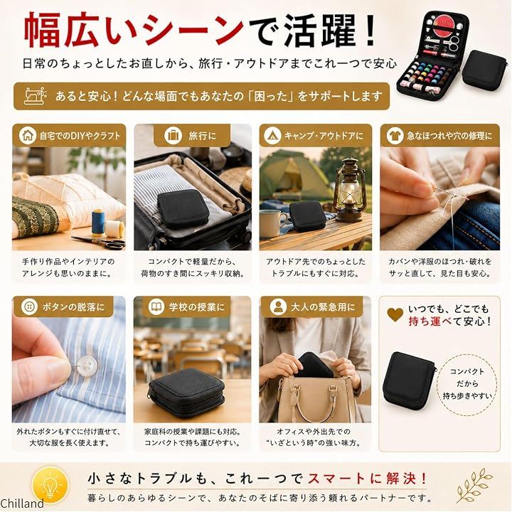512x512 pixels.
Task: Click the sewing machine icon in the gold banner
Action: [35, 96]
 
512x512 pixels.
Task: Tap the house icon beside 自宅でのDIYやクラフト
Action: [28, 135]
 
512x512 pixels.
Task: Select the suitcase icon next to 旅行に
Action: [173, 135]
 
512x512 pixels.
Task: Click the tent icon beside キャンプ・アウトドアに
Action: [272, 135]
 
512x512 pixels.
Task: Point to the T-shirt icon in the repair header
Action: [395, 135]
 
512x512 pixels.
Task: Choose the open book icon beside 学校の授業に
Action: [156, 306]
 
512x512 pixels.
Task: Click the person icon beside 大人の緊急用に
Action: [278, 306]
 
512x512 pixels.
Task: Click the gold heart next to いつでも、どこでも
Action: [395, 314]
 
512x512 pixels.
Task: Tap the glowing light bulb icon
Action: [50, 484]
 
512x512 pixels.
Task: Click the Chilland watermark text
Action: [22, 503]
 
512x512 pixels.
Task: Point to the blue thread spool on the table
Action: [98, 223]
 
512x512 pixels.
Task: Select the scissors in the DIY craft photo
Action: [99, 242]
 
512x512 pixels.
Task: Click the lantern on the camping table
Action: [349, 190]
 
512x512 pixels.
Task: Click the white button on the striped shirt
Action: [86, 366]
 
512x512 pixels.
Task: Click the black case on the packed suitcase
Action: [183, 209]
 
